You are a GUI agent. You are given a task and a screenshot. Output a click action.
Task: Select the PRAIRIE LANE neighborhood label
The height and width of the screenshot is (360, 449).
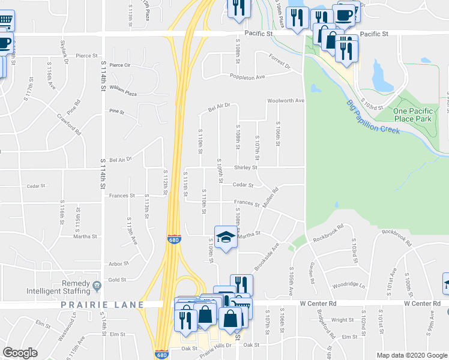tap(102, 305)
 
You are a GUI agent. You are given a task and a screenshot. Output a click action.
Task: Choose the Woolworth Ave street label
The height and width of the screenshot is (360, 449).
tap(286, 101)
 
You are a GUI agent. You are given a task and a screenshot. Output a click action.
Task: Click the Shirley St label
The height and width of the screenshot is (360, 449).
tap(246, 167)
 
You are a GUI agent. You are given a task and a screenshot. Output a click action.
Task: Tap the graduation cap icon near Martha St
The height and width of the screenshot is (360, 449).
tap(226, 238)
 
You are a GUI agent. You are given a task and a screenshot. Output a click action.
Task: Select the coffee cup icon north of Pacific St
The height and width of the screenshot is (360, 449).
tap(345, 15)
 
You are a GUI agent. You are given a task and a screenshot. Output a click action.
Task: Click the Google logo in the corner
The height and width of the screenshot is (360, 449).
tap(20, 353)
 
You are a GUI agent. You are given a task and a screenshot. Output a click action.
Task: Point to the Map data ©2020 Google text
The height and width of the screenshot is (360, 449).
tap(412, 355)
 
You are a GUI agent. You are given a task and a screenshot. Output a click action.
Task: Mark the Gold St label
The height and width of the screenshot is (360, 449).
tap(117, 280)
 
